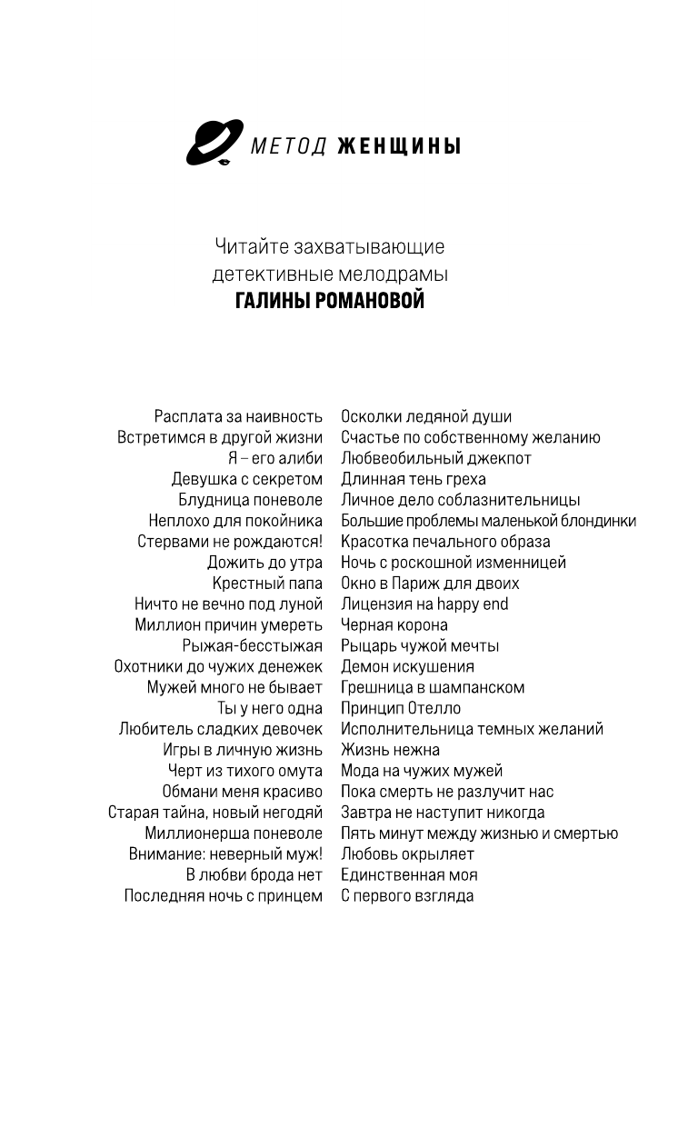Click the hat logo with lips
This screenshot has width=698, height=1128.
(214, 143)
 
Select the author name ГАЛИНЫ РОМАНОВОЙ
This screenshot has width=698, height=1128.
(330, 301)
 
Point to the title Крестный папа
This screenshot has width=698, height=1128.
(267, 584)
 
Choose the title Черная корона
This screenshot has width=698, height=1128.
(394, 625)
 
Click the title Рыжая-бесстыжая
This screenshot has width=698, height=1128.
(252, 646)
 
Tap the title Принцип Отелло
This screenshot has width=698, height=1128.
(401, 708)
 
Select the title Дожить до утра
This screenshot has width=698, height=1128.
(264, 563)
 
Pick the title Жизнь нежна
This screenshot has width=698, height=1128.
(390, 750)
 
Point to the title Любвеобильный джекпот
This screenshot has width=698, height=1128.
(435, 458)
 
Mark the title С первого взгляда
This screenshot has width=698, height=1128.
(407, 896)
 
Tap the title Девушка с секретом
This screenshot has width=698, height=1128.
(246, 479)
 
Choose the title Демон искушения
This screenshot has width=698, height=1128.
(407, 667)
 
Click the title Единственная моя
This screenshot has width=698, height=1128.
(409, 875)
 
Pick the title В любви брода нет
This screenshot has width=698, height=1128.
(254, 875)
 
